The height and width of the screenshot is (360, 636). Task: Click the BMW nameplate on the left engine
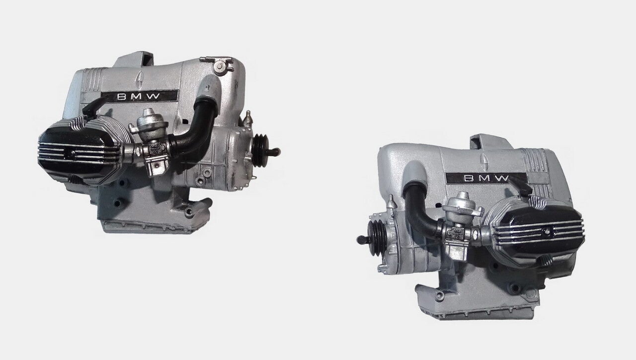click(140, 96)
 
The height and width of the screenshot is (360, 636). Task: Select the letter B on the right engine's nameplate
click(469, 178)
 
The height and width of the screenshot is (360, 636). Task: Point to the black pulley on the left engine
click(259, 150)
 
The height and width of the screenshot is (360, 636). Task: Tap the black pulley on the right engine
click(377, 238)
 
